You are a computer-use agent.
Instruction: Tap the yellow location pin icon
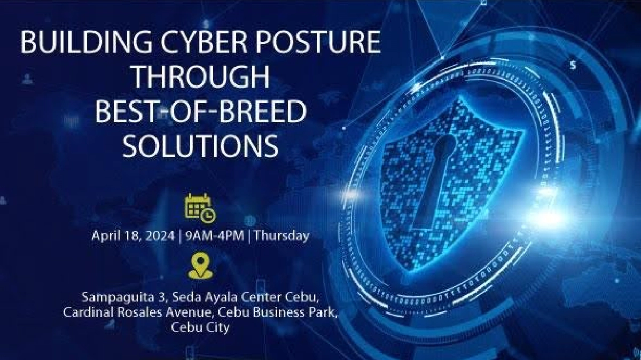click(x=200, y=267)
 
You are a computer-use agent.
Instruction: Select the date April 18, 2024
click(x=134, y=236)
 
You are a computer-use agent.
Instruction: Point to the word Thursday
click(x=282, y=236)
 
